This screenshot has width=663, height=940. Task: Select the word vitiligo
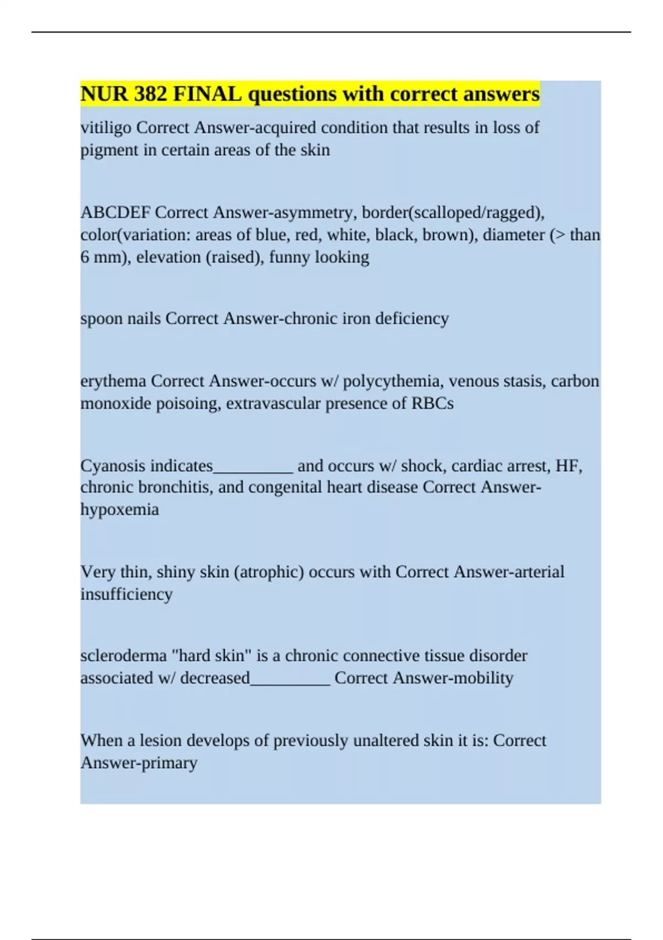point(106,128)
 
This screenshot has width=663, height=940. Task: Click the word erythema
point(113,381)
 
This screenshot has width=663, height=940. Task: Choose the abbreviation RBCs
point(432,403)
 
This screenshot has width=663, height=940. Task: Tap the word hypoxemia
point(119,510)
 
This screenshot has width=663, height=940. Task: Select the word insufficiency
point(127,594)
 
